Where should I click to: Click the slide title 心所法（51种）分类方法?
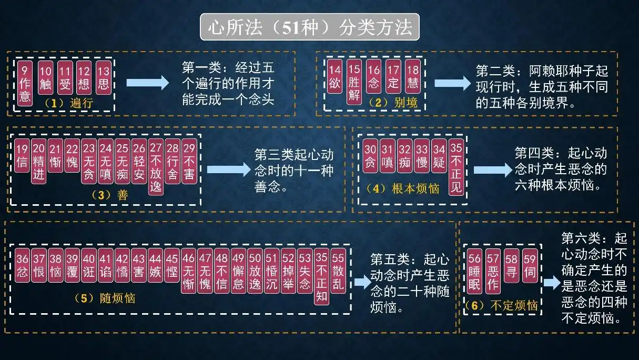[x=309, y=27]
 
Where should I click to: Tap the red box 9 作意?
[x=25, y=83]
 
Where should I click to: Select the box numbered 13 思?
[x=104, y=77]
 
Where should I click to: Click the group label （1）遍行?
[x=68, y=103]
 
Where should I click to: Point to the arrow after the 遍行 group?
[x=148, y=83]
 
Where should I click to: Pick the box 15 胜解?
[x=354, y=83]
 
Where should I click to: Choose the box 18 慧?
[x=413, y=77]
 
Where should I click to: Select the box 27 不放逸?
[x=156, y=168]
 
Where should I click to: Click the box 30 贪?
[x=371, y=156]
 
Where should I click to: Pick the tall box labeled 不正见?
[x=456, y=168]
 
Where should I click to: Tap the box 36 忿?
[x=22, y=267]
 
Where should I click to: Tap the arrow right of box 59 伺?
[x=551, y=283]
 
